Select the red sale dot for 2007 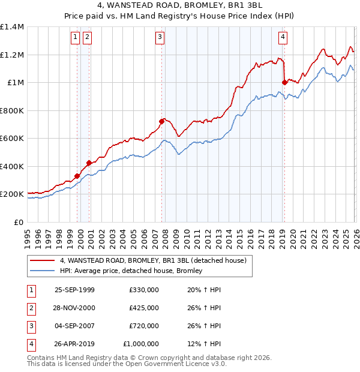[161, 121]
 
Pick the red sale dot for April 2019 [284, 82]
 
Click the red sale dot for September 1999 [77, 176]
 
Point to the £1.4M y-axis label [11, 27]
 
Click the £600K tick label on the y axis [11, 139]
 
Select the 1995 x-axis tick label [28, 234]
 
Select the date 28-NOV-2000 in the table [74, 308]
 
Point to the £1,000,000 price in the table [141, 344]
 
